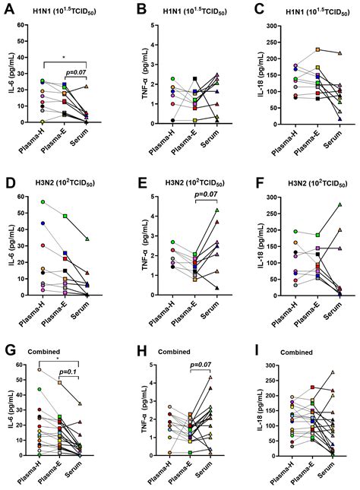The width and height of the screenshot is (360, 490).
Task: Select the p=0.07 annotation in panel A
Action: tap(77, 73)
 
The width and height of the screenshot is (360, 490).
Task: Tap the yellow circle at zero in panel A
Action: tap(43, 122)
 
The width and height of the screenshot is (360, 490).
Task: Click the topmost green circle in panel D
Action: tap(43, 202)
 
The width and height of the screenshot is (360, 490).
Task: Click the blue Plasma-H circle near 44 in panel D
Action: tap(43, 223)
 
